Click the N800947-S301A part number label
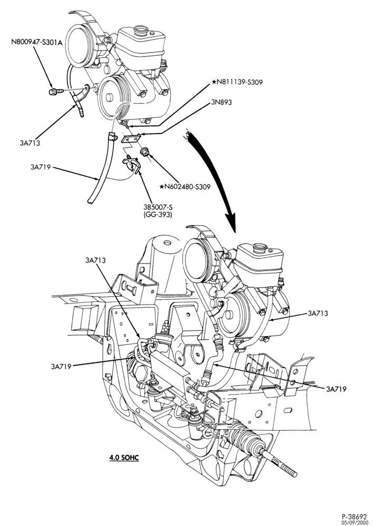[x=37, y=43]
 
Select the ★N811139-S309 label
[x=237, y=82]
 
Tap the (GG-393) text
[x=158, y=215]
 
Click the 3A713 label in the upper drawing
[x=30, y=143]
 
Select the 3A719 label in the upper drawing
[x=41, y=167]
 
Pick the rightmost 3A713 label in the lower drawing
[x=318, y=313]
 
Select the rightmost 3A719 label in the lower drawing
[x=336, y=389]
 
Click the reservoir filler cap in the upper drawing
[x=141, y=31]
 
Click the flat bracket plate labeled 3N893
[x=132, y=138]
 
